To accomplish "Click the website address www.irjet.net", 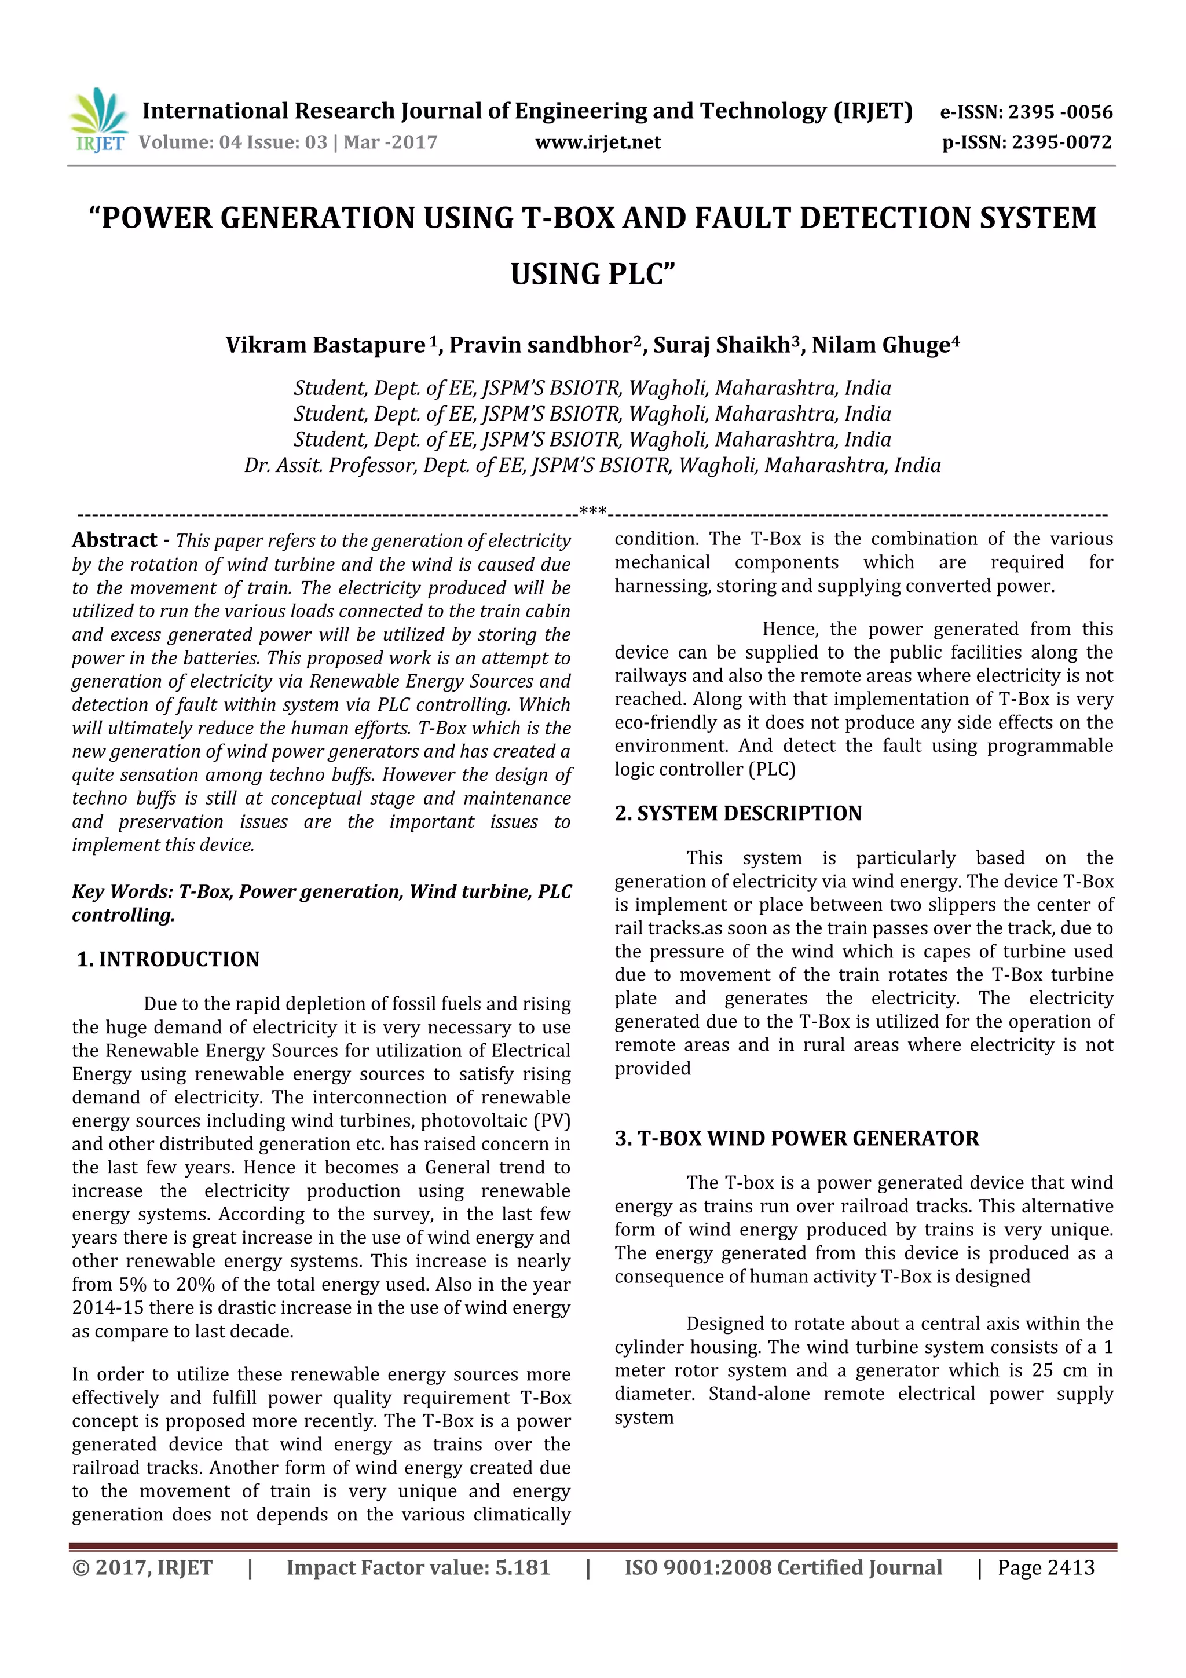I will [597, 142].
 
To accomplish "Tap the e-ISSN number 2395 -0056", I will [1060, 112].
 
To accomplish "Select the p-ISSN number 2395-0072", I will [1061, 142].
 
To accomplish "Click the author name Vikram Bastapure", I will [325, 345].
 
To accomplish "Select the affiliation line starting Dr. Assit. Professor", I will [592, 466].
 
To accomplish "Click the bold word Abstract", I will [115, 540].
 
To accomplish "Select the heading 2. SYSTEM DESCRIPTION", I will [738, 813].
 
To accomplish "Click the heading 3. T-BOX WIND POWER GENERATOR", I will [796, 1139].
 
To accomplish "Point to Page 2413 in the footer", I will [1046, 1567].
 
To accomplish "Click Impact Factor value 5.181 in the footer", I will [418, 1567].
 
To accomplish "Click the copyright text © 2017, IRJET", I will [142, 1567].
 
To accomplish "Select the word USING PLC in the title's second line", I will [592, 275].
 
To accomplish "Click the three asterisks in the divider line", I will [592, 511].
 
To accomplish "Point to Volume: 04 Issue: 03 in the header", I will [232, 142].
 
